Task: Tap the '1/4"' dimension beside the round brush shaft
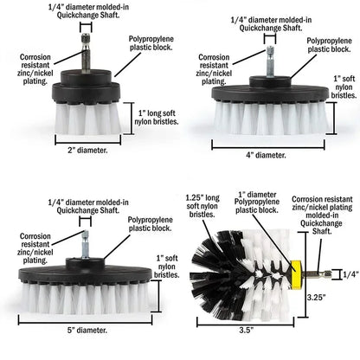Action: pyautogui.click(x=350, y=274)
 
